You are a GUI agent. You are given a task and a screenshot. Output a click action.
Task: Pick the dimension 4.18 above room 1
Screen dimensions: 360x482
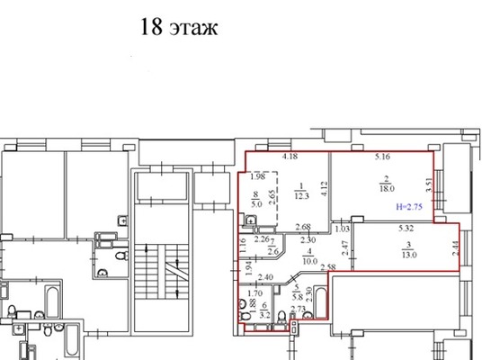[x=290, y=157]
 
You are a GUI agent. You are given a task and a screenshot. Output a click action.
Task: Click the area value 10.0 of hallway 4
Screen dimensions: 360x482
[x=308, y=264]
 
